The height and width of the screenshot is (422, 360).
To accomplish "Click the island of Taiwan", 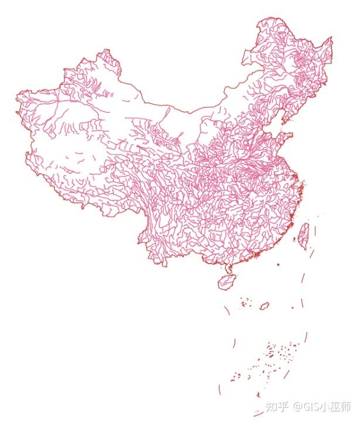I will coord(304,234).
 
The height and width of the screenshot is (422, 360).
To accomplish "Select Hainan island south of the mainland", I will coord(226,283).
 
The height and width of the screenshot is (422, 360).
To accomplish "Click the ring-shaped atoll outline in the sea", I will coord(264,306).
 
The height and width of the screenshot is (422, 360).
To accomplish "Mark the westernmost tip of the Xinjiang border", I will coord(16,109).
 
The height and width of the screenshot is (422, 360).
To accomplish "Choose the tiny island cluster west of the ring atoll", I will coord(245,304).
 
